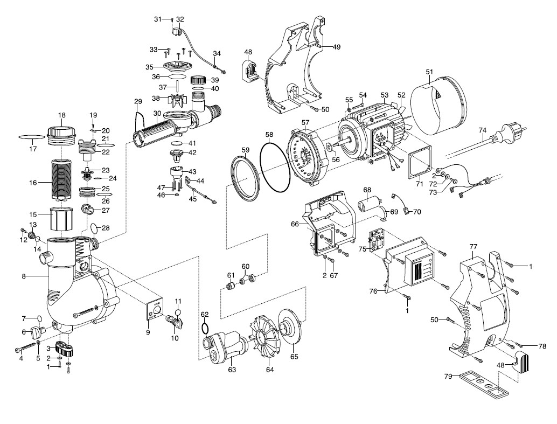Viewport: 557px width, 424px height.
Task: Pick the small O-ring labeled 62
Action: tap(204, 328)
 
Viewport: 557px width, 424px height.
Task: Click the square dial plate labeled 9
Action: tap(155, 312)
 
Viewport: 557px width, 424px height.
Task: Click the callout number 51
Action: tap(429, 72)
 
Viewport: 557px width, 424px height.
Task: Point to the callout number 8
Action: tap(24, 277)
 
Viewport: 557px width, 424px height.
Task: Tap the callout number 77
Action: tap(474, 247)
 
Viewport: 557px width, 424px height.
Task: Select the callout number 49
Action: tap(336, 47)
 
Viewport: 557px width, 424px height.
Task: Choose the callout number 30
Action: tap(157, 114)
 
